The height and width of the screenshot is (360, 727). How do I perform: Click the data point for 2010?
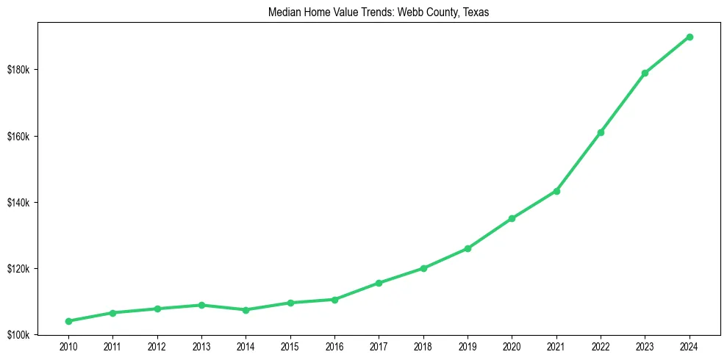point(68,321)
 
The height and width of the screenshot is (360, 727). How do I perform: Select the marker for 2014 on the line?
point(246,310)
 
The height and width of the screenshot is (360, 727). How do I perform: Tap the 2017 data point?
point(379,283)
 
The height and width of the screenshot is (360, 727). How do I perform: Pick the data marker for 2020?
point(512,218)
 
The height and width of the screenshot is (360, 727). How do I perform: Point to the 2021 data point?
point(556,191)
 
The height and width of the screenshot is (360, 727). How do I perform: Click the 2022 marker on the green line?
point(601,132)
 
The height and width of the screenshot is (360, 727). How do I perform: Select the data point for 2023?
point(645,73)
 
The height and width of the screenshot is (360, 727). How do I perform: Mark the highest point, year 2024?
point(690,37)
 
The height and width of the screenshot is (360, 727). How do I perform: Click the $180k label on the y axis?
point(18,70)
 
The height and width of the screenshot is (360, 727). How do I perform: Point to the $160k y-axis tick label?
point(18,136)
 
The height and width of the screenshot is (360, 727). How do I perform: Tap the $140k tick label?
point(18,202)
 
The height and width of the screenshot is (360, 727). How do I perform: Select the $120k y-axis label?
point(18,268)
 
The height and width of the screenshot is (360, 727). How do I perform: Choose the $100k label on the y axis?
point(18,335)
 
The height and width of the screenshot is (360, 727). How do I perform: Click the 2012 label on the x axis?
point(157,345)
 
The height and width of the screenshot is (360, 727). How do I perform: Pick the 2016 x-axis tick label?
point(334,345)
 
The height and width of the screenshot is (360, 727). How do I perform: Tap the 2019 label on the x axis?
point(468,345)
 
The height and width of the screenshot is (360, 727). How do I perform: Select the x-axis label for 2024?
point(690,345)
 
